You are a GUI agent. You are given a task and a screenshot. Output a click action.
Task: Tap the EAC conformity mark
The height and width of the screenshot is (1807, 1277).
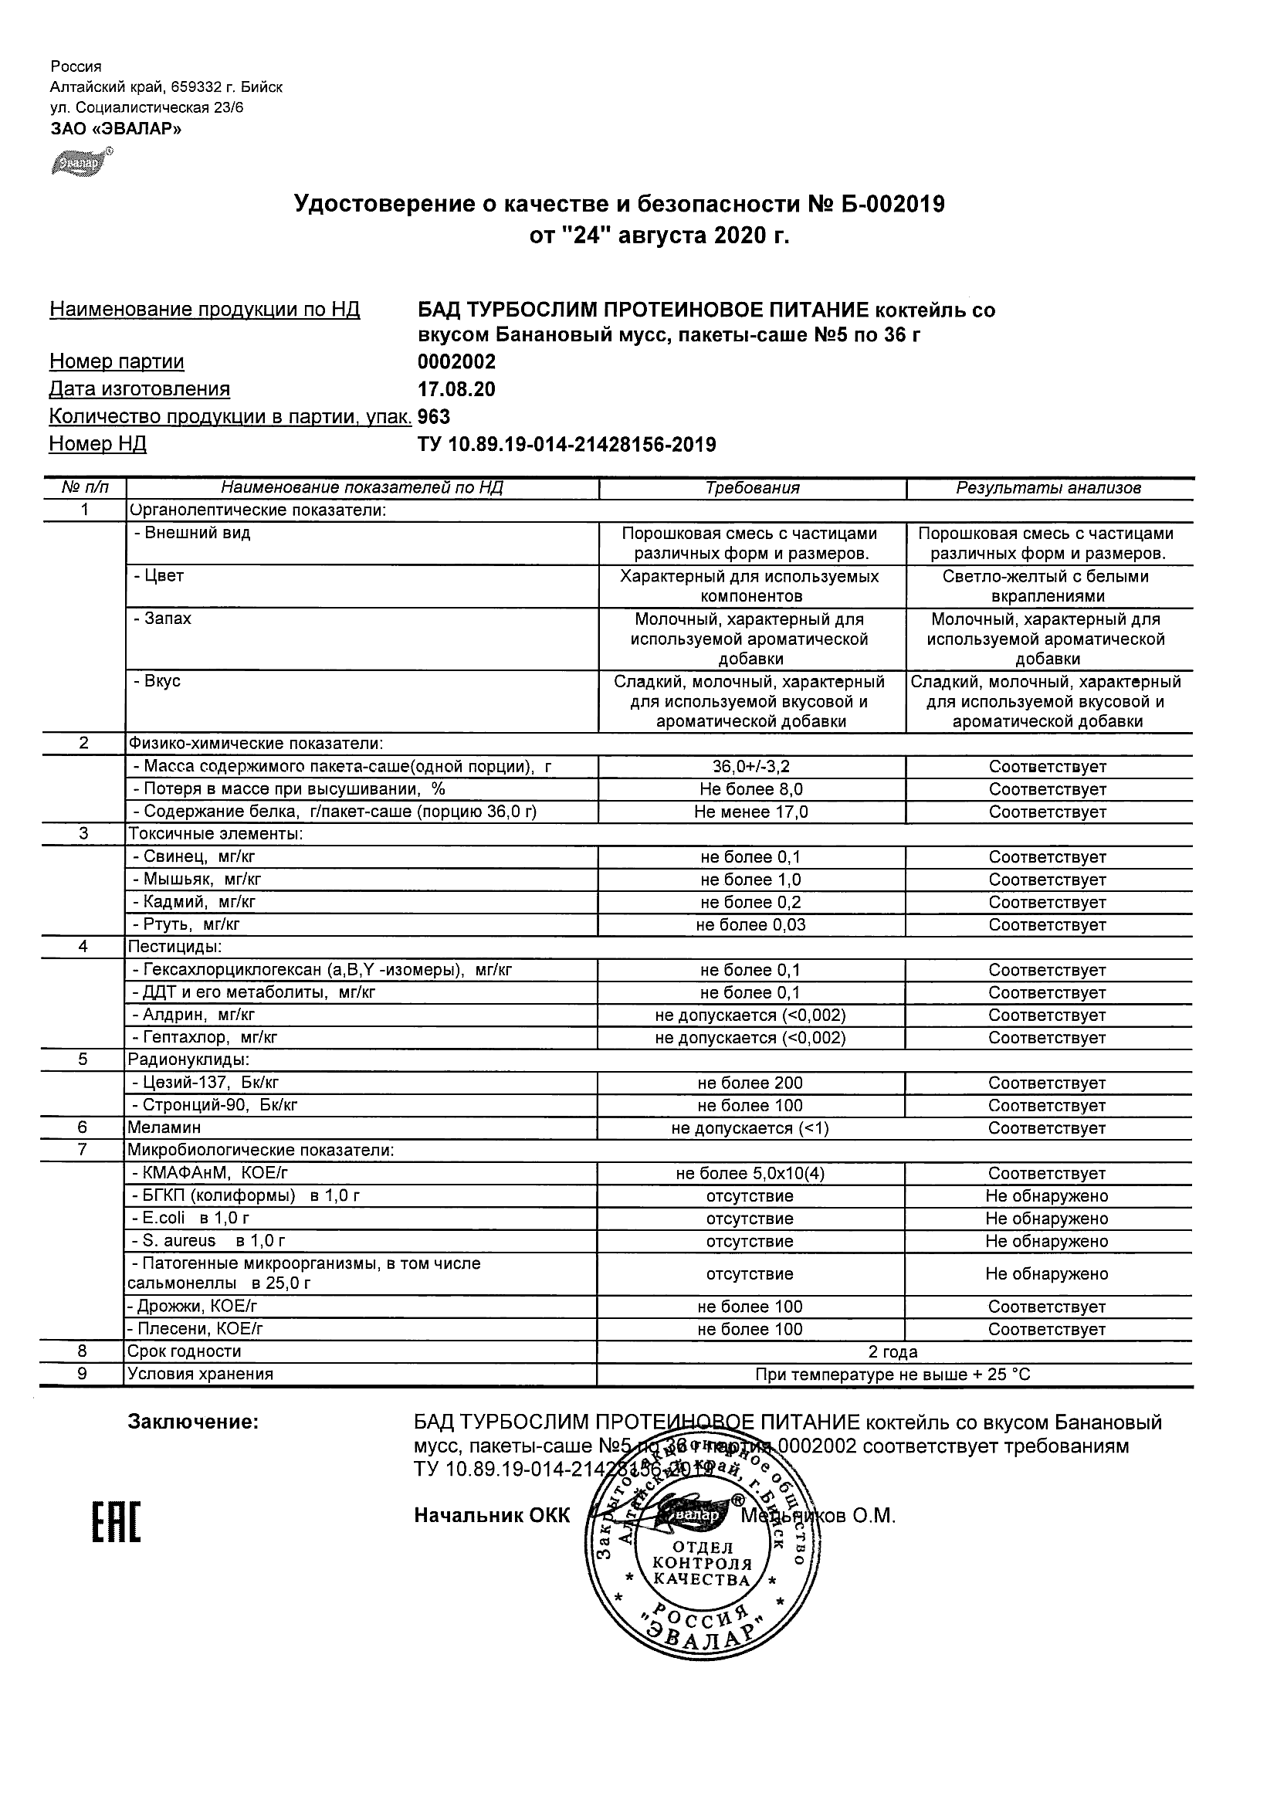point(117,1522)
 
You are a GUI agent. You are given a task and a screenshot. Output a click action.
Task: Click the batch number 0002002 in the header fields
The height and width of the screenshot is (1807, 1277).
point(456,361)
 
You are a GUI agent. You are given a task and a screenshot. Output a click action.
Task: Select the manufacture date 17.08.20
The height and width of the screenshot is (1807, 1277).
point(456,388)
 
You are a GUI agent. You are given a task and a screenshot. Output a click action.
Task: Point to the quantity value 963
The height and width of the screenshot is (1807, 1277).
point(435,416)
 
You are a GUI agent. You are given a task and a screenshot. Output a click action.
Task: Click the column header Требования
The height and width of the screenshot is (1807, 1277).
point(752,488)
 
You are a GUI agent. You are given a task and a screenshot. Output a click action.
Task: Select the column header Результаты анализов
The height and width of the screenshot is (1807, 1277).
point(1048,488)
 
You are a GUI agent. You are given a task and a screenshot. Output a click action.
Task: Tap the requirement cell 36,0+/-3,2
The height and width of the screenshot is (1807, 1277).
point(751,767)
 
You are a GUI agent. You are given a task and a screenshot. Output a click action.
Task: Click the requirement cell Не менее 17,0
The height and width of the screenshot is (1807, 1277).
point(751,812)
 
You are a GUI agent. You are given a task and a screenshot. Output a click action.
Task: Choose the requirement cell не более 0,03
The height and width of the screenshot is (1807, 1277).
point(751,925)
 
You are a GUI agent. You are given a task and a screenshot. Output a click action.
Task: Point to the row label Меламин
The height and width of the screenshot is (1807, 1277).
point(164,1127)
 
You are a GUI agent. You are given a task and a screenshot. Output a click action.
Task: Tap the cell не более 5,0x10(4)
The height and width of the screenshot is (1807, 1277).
point(750,1174)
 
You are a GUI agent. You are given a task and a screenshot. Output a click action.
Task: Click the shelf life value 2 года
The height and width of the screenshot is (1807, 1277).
point(893,1352)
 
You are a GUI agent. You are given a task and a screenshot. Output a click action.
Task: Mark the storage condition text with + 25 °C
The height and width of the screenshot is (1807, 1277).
point(893,1375)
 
